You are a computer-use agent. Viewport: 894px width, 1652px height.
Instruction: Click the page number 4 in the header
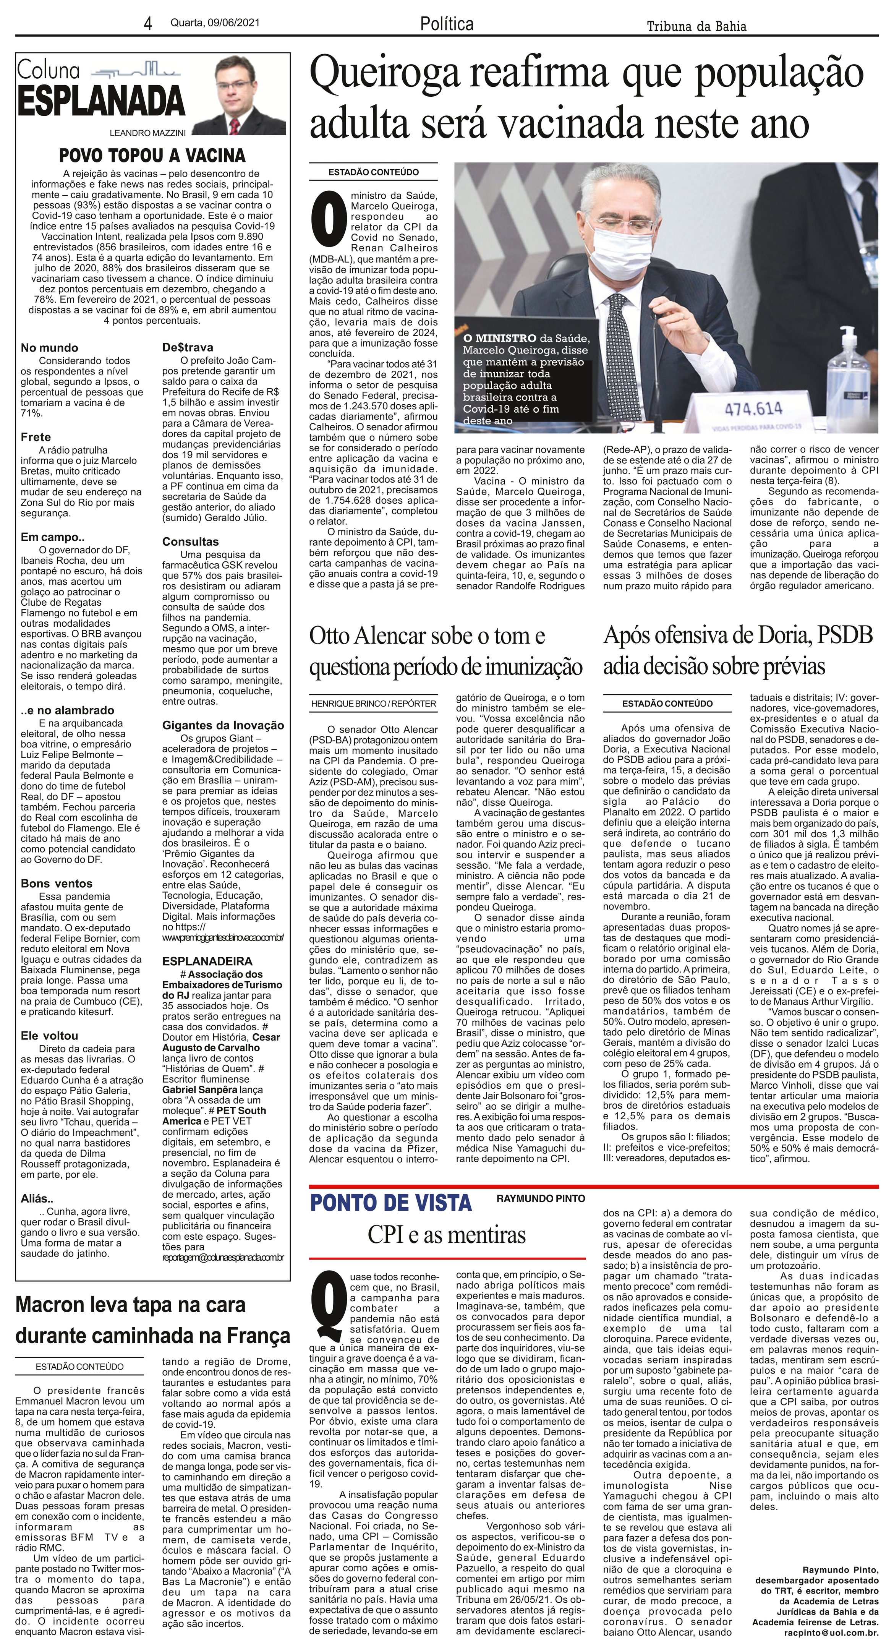click(x=148, y=24)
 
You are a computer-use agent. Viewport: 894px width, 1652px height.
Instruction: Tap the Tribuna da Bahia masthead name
click(x=696, y=26)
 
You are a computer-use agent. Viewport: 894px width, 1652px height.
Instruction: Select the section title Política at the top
click(x=447, y=24)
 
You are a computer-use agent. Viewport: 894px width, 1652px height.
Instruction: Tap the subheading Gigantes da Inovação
click(x=222, y=725)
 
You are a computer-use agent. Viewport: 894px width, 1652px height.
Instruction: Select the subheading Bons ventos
click(x=57, y=884)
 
